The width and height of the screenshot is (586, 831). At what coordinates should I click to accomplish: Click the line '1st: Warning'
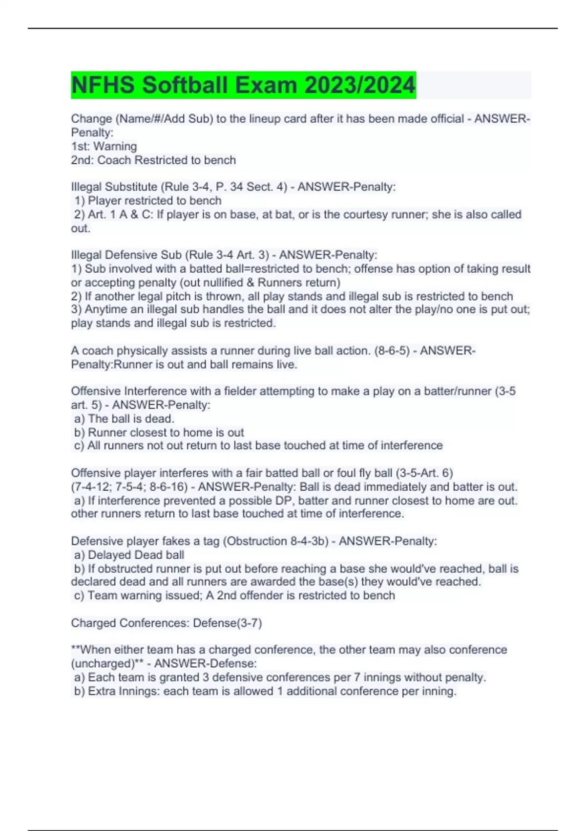point(104,146)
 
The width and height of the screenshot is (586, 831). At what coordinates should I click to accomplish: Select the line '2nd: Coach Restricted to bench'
point(153,160)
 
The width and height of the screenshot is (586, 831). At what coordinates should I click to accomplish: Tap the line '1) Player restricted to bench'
point(148,200)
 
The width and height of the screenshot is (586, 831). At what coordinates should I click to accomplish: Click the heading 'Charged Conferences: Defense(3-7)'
point(167,623)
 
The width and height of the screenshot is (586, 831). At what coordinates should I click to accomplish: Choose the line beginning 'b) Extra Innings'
point(265,691)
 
